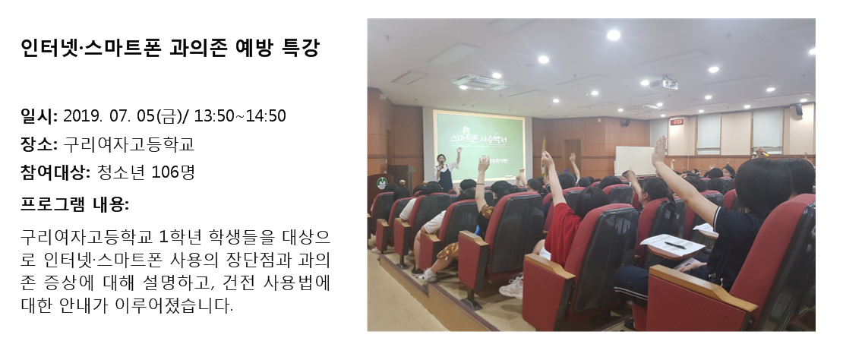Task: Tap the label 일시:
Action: click(39, 115)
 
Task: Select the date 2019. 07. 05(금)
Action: click(125, 115)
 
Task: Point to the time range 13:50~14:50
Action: click(240, 115)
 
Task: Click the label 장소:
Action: click(39, 144)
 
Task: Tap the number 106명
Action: click(173, 172)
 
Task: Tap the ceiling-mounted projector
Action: click(664, 84)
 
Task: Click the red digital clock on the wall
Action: click(677, 122)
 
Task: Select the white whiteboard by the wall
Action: click(634, 160)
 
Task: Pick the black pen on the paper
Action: click(674, 245)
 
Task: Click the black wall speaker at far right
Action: click(798, 110)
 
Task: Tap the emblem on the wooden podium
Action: click(381, 183)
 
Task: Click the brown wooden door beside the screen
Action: click(572, 157)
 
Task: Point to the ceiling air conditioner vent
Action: click(479, 82)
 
